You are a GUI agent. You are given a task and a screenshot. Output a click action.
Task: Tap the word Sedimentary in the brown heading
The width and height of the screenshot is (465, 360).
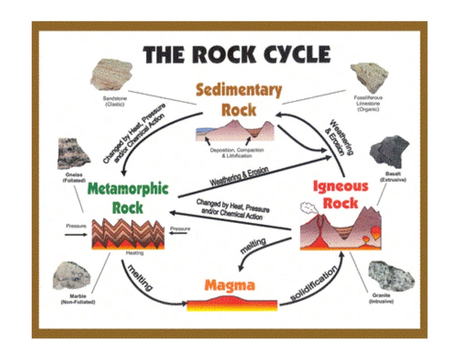(x=239, y=90)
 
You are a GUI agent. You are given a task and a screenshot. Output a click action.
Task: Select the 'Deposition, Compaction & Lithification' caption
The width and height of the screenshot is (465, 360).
(x=237, y=153)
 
